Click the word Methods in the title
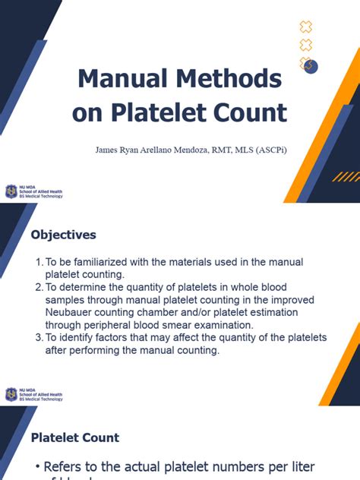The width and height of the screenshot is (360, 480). (x=232, y=79)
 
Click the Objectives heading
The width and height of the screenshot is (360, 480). (x=63, y=235)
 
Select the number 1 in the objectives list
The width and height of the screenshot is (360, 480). (x=39, y=262)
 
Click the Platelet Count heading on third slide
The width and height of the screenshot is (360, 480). (x=74, y=437)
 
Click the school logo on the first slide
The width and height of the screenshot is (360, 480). (x=11, y=191)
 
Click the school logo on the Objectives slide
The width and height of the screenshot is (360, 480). (x=11, y=393)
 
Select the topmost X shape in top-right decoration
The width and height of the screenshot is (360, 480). (x=306, y=27)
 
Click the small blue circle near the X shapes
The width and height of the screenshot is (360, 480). (x=311, y=67)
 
